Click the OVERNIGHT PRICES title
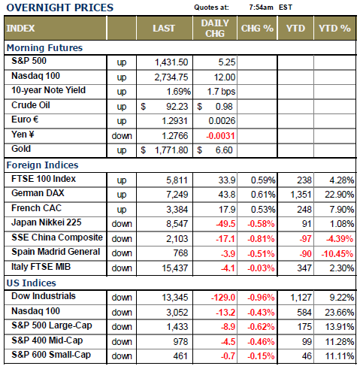[x=60, y=8]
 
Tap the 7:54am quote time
[x=261, y=8]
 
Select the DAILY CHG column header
[x=215, y=28]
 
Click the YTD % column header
[x=334, y=29]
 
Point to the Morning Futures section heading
[x=44, y=48]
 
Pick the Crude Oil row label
[x=31, y=105]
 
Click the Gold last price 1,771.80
[x=171, y=150]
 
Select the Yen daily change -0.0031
[x=220, y=136]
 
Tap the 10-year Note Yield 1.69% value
[x=179, y=92]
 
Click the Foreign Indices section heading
[x=42, y=165]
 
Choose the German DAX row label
[x=38, y=193]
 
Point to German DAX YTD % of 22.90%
[x=340, y=195]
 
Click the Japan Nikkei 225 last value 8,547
[x=177, y=224]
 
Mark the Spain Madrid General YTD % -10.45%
[x=337, y=254]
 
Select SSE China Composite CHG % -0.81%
[x=261, y=239]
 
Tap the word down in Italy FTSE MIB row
[x=122, y=268]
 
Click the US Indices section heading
[x=32, y=283]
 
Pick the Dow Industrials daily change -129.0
[x=223, y=298]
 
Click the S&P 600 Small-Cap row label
[x=51, y=355]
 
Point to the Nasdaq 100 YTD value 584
[x=304, y=313]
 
